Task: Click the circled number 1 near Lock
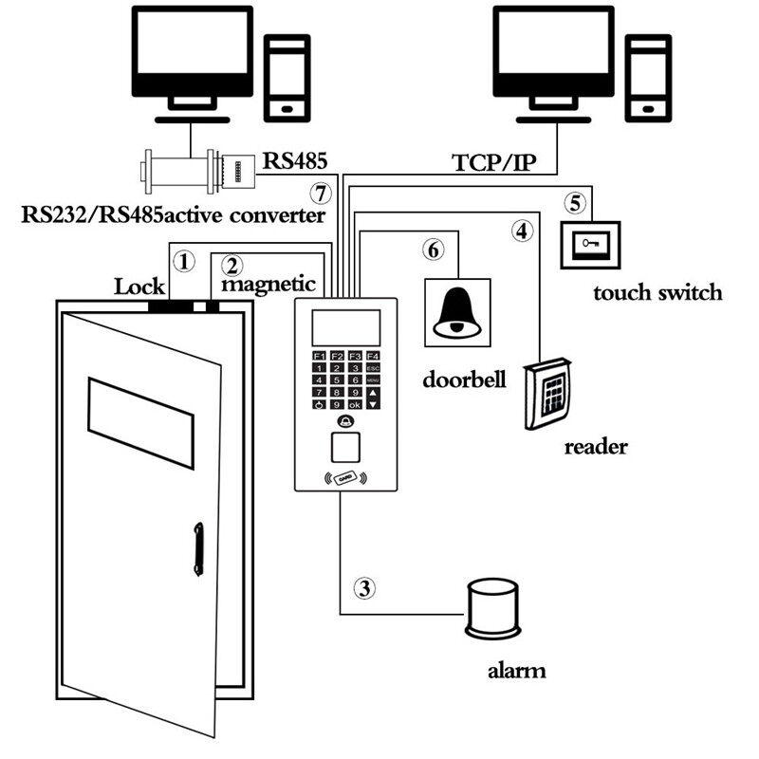pos(185,259)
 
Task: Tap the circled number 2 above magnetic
pos(233,265)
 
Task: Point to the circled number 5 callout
pos(575,202)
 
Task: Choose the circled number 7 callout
pos(323,194)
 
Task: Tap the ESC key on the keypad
pos(372,367)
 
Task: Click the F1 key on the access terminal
pos(319,355)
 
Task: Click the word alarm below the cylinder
pos(516,672)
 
